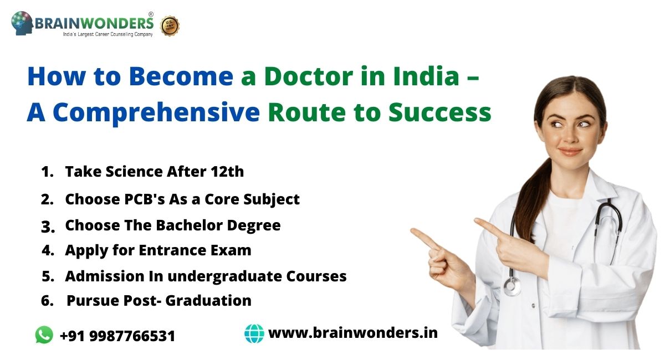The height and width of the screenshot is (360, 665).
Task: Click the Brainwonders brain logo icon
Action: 22,23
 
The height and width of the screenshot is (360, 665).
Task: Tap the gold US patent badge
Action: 170,25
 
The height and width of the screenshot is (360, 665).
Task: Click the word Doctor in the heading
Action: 301,78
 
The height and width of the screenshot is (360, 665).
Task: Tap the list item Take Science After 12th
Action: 154,172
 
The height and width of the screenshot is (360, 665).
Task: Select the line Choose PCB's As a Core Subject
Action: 182,199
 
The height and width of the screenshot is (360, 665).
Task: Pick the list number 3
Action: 48,227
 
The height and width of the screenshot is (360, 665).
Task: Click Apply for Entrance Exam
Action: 158,250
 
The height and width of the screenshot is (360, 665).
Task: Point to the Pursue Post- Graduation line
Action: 158,301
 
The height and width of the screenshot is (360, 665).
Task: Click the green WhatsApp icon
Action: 44,335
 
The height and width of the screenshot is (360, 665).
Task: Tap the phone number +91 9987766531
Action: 117,336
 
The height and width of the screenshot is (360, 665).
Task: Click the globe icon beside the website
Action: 254,333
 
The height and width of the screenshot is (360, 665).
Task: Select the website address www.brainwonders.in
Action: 353,333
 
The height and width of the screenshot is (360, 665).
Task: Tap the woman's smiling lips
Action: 569,151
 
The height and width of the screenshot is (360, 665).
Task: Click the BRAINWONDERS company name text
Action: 94,23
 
